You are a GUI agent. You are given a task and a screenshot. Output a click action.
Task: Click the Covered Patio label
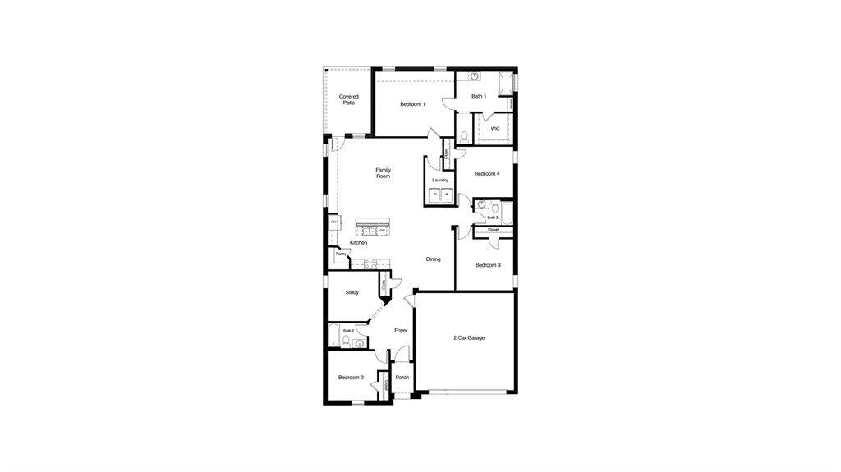[x=349, y=100]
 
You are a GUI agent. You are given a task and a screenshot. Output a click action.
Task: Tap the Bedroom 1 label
[x=412, y=104]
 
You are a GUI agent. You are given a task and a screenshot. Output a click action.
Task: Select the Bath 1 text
[x=479, y=97]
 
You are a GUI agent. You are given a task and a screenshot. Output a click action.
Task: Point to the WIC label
[x=495, y=129]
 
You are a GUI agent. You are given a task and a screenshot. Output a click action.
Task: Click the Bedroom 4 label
[x=487, y=174]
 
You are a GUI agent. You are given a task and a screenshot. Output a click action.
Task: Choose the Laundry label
[x=439, y=180]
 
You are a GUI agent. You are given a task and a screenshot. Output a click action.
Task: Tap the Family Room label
[x=383, y=173]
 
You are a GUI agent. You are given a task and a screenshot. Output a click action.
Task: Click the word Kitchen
[x=358, y=243]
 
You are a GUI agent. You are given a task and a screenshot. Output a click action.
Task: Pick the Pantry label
[x=340, y=254]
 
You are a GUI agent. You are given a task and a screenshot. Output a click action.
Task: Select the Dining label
[x=433, y=259]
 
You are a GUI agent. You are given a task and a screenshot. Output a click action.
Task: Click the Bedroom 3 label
[x=488, y=265]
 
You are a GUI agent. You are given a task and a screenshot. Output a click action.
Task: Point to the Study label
[x=352, y=292]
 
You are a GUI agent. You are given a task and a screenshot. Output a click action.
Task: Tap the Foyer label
[x=401, y=331]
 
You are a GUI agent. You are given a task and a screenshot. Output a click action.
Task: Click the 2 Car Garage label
[x=469, y=337]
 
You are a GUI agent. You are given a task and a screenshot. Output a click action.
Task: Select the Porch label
[x=402, y=378]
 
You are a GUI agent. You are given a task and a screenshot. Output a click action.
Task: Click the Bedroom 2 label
[x=351, y=378]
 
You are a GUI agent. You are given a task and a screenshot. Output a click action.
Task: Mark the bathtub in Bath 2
[x=333, y=337]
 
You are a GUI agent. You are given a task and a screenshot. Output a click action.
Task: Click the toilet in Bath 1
[x=464, y=135]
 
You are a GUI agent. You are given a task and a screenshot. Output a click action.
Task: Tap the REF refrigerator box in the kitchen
[x=333, y=222]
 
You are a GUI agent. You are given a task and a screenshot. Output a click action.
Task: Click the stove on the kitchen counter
[x=370, y=263]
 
